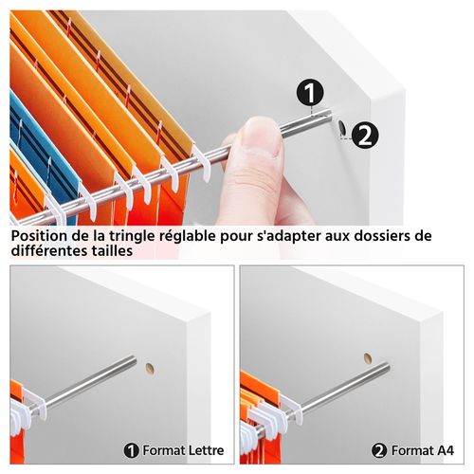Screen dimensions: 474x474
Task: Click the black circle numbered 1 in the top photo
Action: [x=312, y=92]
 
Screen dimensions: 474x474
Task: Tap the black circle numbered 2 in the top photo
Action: [x=366, y=135]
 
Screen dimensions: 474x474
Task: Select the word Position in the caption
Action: [x=41, y=235]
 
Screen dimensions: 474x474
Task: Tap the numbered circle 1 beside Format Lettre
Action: [x=131, y=450]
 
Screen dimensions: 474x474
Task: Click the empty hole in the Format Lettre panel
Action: [x=149, y=366]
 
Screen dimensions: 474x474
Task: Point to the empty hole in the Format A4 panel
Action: [x=368, y=358]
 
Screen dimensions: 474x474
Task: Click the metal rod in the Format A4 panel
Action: [x=332, y=383]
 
